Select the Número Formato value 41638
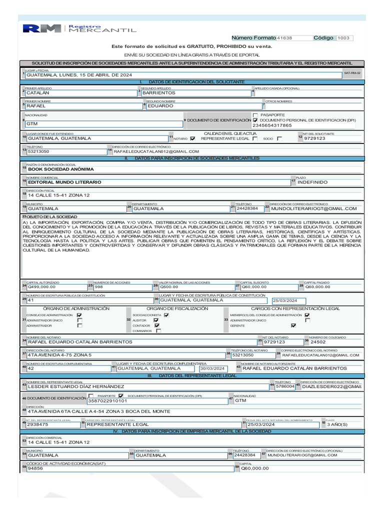284,38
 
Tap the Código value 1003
344,38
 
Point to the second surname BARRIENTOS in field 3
158,92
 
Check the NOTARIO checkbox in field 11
193,138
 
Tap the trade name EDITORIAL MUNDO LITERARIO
64,182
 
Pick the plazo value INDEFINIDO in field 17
312,182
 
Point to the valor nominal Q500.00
169,287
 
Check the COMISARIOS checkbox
158,330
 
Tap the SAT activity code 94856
35,468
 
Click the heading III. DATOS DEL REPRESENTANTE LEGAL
192,375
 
